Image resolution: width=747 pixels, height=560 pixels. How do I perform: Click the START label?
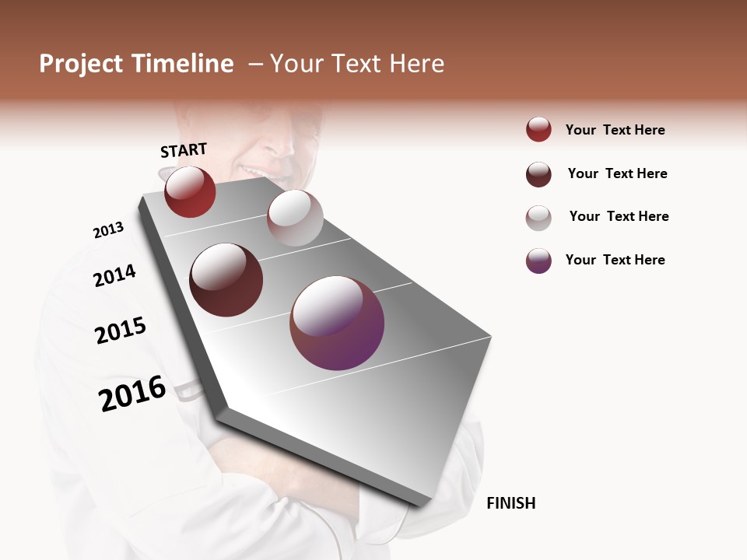pyautogui.click(x=184, y=150)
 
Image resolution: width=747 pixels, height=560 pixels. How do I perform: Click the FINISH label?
pyautogui.click(x=510, y=503)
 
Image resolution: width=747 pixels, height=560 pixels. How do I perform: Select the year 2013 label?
pyautogui.click(x=108, y=230)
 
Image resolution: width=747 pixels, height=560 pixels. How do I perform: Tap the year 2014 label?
pyautogui.click(x=114, y=275)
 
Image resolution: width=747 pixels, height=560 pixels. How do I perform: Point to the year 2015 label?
pyautogui.click(x=121, y=331)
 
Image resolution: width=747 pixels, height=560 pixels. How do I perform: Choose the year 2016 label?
pyautogui.click(x=132, y=394)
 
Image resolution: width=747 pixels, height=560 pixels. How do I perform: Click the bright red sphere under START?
pyautogui.click(x=190, y=191)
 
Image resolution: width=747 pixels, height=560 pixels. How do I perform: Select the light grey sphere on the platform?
pyautogui.click(x=295, y=218)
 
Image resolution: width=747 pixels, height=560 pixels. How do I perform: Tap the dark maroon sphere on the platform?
pyautogui.click(x=226, y=280)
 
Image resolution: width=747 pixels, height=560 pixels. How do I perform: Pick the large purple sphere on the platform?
pyautogui.click(x=337, y=323)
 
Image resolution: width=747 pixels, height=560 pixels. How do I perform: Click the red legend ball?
pyautogui.click(x=538, y=130)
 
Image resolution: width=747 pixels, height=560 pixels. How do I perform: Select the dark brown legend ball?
pyautogui.click(x=538, y=174)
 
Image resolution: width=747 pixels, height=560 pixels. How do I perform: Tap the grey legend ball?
pyautogui.click(x=538, y=218)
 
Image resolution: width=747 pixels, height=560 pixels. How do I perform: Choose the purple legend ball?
pyautogui.click(x=538, y=261)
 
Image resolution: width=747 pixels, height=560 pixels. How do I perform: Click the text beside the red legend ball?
pyautogui.click(x=615, y=130)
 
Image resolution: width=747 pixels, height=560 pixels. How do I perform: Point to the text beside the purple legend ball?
pyautogui.click(x=615, y=260)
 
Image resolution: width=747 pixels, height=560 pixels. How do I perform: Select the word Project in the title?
pyautogui.click(x=82, y=64)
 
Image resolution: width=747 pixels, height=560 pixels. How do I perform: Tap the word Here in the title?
pyautogui.click(x=416, y=64)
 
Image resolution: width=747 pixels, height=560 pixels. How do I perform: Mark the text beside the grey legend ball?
pyautogui.click(x=619, y=216)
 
